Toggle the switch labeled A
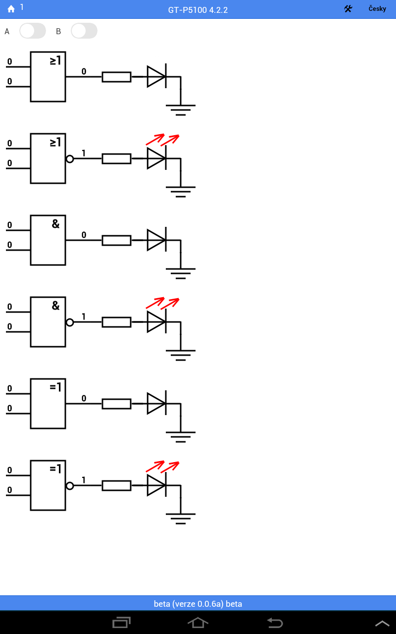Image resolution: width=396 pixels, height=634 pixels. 33,31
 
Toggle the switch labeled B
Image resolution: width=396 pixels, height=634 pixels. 84,31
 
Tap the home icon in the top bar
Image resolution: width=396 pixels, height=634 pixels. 11,9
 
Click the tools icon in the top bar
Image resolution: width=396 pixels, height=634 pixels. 348,9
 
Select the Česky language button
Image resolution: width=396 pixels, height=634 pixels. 377,9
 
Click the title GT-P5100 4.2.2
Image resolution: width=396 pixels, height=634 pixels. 198,10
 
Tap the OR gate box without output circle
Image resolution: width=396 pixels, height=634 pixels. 48,77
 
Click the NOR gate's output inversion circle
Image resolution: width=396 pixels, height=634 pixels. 70,159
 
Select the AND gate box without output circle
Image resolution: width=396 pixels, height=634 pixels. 48,240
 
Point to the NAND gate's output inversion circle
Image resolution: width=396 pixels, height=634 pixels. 70,322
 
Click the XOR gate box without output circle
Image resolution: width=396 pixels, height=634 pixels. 48,404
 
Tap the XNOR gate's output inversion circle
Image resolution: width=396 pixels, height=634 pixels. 70,486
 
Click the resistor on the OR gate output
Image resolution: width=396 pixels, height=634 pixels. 116,77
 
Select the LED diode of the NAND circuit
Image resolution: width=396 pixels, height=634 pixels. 156,322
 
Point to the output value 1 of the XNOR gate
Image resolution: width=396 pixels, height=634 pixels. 84,480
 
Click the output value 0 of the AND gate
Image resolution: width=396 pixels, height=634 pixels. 84,235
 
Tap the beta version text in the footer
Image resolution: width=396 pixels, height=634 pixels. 198,604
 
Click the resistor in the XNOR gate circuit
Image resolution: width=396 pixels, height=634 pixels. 116,486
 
